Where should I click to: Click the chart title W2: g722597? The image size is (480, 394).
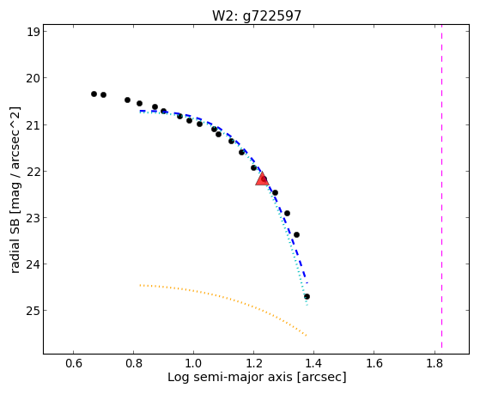click(257, 15)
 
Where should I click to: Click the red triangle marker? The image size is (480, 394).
click(262, 179)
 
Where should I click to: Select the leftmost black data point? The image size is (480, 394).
click(94, 94)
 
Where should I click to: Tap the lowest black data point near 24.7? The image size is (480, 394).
click(307, 297)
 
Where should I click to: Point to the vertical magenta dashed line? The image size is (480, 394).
click(441, 187)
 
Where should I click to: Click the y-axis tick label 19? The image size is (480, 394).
click(33, 32)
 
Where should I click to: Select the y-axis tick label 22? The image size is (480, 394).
click(33, 171)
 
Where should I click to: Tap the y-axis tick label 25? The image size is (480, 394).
click(33, 311)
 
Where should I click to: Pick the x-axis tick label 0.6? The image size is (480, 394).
click(74, 363)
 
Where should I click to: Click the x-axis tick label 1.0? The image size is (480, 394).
click(193, 363)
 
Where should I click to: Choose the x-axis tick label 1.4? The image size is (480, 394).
click(313, 363)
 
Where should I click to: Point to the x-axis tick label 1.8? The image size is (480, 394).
click(434, 363)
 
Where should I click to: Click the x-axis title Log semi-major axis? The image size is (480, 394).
click(230, 377)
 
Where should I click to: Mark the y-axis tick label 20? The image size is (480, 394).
click(33, 78)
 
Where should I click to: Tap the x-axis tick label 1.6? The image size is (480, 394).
click(374, 363)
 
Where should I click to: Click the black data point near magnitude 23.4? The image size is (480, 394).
click(296, 235)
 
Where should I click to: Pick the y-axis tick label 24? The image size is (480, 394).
click(33, 264)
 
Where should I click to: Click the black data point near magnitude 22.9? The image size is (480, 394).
click(287, 214)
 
